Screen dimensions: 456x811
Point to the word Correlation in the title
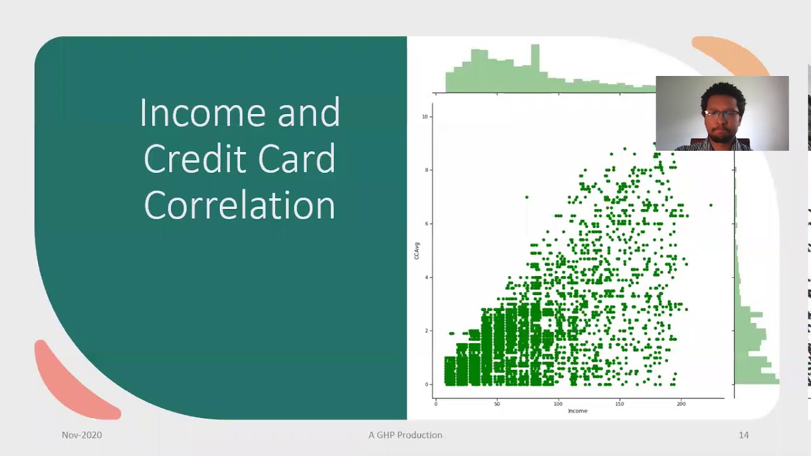(x=239, y=205)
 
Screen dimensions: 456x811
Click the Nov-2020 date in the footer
(x=82, y=435)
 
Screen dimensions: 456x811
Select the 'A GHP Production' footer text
(x=405, y=435)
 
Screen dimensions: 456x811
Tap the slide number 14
(x=743, y=435)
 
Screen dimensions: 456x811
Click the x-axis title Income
(x=577, y=411)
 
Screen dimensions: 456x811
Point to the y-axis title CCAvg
(x=416, y=250)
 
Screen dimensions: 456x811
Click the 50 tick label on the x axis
(x=497, y=403)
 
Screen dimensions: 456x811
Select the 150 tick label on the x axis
(x=620, y=403)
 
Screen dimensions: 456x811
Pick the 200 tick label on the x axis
(x=681, y=403)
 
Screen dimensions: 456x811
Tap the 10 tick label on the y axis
(x=425, y=117)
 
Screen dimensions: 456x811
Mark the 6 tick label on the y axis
(x=426, y=224)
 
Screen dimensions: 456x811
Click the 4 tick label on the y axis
(x=426, y=277)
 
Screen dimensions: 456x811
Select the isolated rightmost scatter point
(x=711, y=205)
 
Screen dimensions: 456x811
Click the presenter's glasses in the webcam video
(x=721, y=115)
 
